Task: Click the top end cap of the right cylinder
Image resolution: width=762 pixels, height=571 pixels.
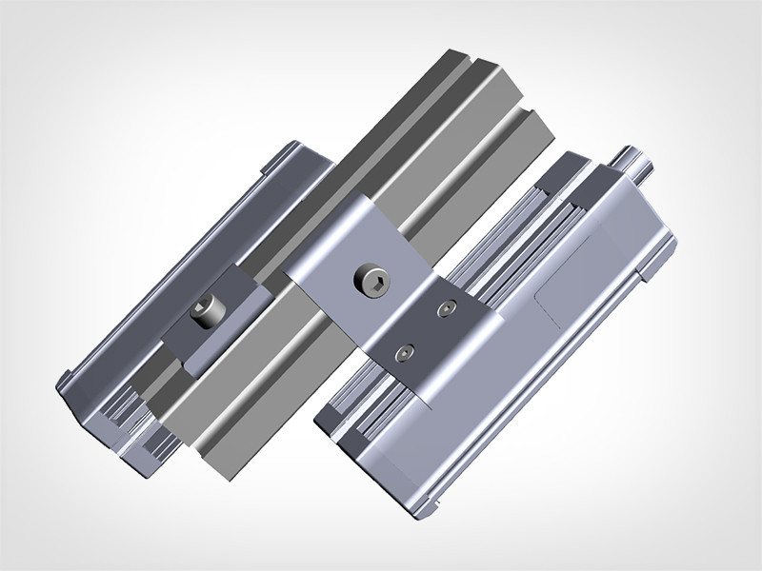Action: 610,176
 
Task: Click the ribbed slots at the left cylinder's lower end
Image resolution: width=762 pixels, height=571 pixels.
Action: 133,419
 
